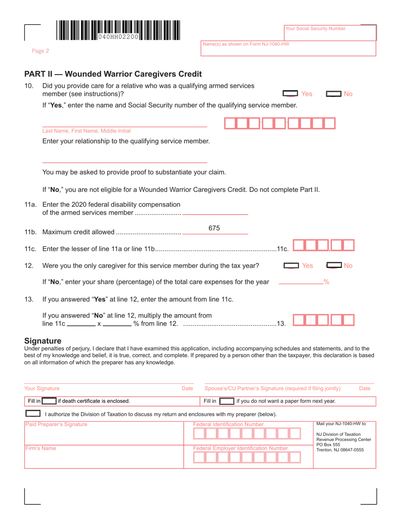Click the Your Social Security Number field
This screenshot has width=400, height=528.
coord(330,33)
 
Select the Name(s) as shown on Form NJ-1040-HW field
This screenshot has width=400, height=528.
coord(288,49)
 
